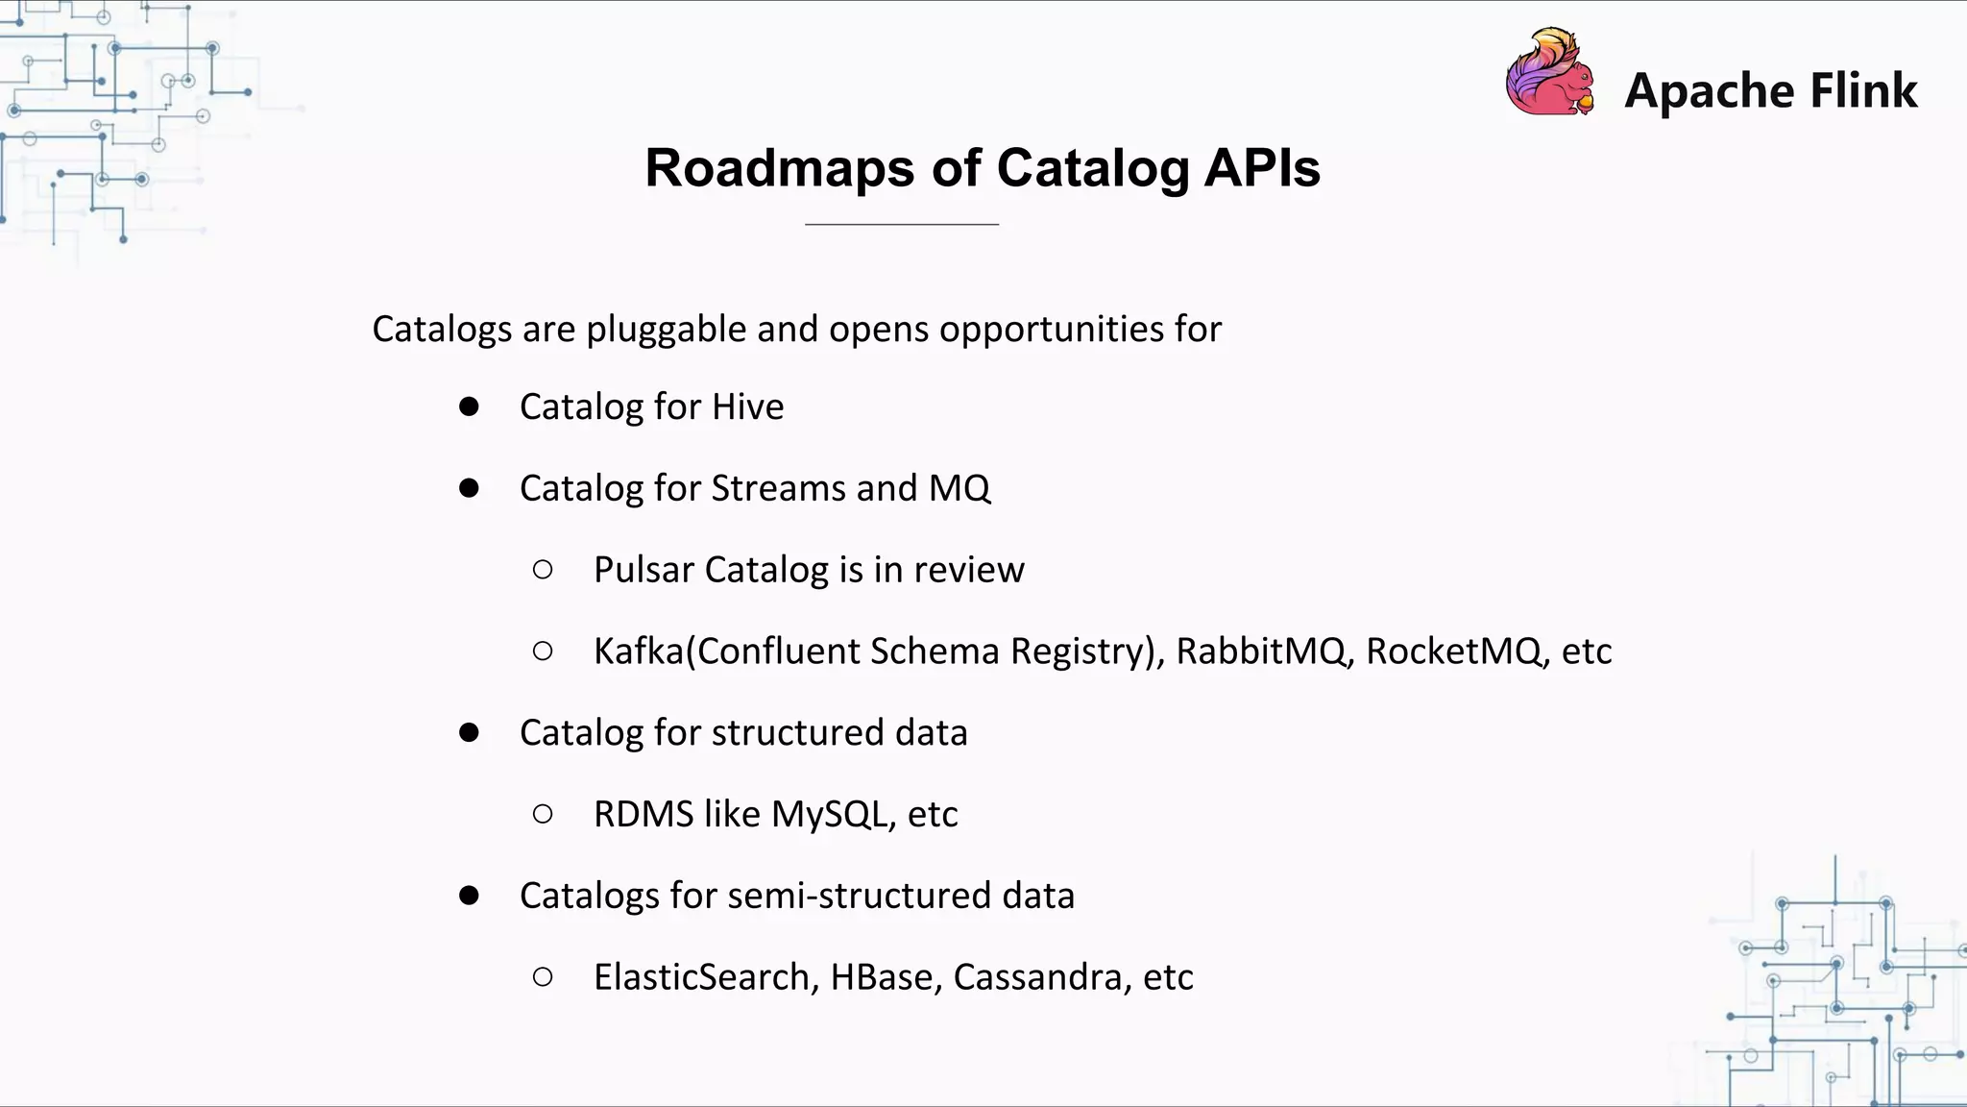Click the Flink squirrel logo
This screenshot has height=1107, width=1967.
1549,73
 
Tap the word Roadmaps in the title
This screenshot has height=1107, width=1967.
780,168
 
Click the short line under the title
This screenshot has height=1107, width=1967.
901,224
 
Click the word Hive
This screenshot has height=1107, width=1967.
747,407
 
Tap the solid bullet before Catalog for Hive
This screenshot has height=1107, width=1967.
469,407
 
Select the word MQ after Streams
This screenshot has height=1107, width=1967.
959,489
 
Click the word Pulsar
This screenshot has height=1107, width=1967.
644,570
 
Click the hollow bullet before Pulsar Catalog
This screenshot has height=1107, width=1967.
543,570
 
